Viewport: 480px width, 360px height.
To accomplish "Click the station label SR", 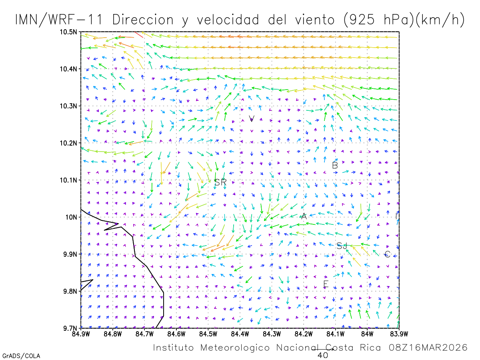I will (220, 182).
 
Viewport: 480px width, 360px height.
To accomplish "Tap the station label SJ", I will (342, 246).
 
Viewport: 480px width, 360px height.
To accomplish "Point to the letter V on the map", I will (252, 118).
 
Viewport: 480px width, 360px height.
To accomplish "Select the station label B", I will (335, 165).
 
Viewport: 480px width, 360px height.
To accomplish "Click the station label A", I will (304, 216).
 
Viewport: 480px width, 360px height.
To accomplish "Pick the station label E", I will (326, 284).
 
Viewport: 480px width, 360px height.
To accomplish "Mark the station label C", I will (387, 254).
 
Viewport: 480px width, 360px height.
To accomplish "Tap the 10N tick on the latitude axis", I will (71, 217).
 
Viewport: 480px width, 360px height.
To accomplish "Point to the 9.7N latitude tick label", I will (70, 328).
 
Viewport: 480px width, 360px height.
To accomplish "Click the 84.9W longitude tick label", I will (81, 334).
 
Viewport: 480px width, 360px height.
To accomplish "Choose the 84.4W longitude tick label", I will (240, 334).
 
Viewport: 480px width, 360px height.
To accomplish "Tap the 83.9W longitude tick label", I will (398, 334).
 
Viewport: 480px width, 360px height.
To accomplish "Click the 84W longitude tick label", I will (367, 334).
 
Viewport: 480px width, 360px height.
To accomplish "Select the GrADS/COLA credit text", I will (21, 356).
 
